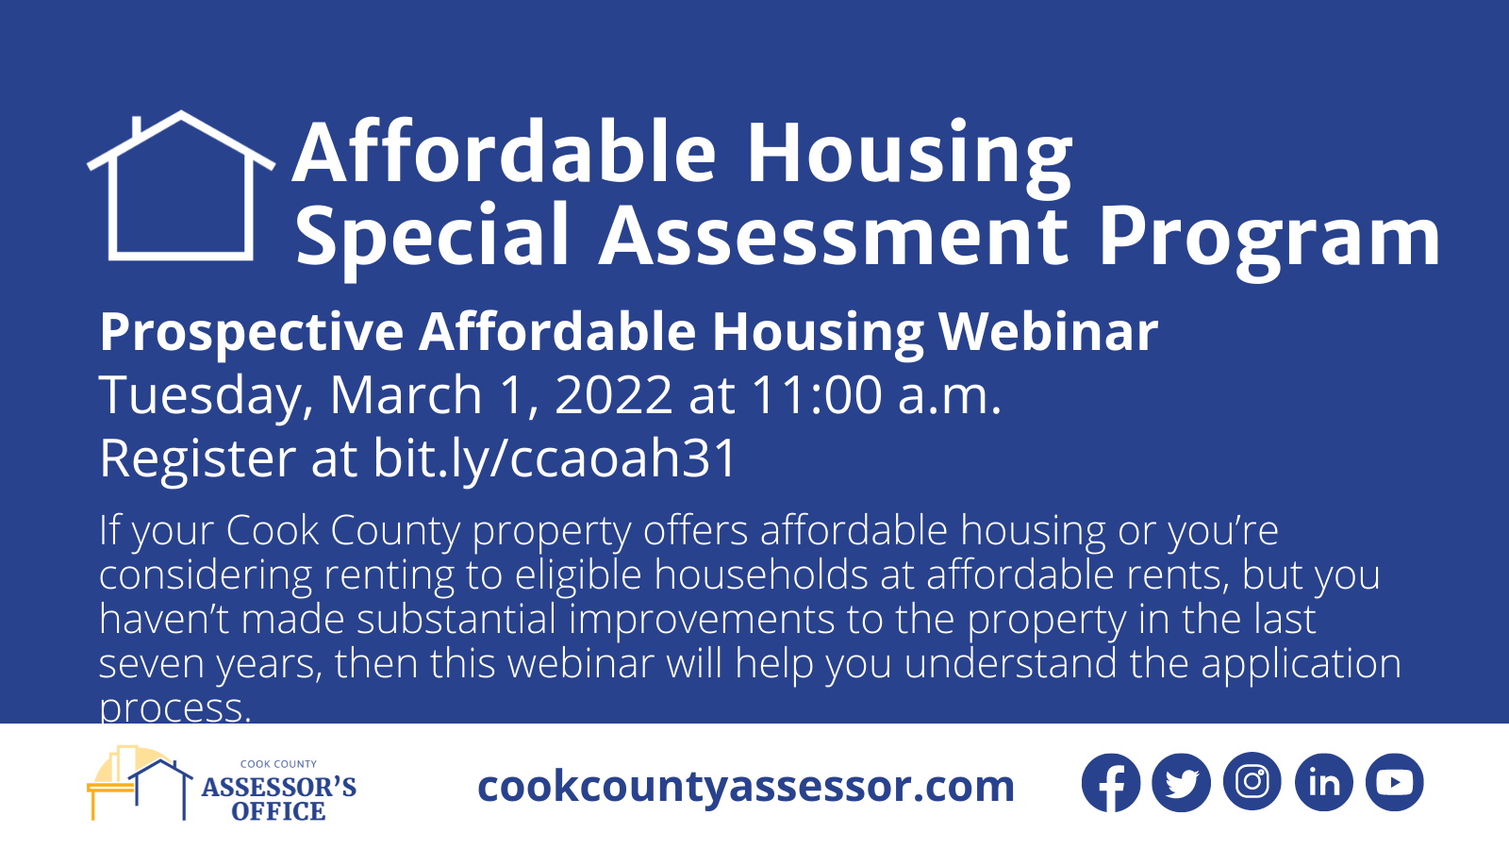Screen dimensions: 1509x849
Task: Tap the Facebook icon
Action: click(x=1111, y=782)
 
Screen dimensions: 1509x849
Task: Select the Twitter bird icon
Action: click(x=1182, y=782)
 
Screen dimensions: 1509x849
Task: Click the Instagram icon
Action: click(x=1252, y=782)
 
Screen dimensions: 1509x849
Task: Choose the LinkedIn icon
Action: click(x=1324, y=782)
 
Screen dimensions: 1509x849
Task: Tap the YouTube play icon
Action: click(x=1395, y=782)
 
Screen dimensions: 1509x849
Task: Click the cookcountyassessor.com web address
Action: click(x=746, y=787)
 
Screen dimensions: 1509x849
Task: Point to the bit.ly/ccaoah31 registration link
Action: click(x=555, y=458)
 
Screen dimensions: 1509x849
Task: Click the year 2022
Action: click(x=613, y=395)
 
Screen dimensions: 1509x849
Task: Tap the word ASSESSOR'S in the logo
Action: click(x=279, y=787)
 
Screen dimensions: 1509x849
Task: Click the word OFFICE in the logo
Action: click(x=278, y=811)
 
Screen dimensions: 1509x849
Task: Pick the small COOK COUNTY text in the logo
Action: click(x=278, y=764)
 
